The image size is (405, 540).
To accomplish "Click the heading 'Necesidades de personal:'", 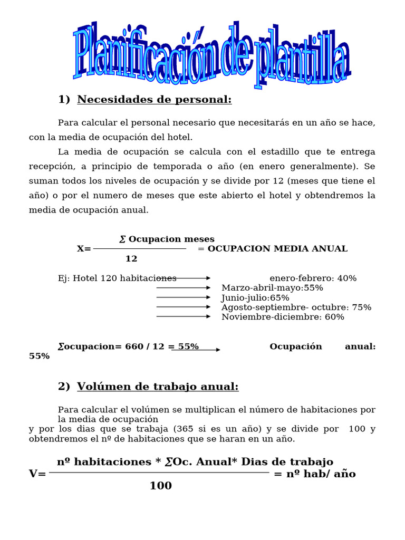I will [154, 100].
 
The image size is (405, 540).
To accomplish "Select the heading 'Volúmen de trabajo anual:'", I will [158, 387].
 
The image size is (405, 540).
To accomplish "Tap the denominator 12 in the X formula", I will [131, 259].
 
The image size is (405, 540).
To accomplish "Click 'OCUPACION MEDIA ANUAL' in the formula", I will [277, 249].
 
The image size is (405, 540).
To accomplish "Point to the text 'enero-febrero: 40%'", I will [313, 278].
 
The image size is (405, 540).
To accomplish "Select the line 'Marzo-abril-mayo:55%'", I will [272, 288].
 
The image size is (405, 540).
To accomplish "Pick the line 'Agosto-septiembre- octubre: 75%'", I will [296, 307].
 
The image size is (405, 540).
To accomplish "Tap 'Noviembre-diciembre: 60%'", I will [283, 317].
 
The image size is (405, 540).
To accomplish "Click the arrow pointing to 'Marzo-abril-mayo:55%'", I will [183, 288].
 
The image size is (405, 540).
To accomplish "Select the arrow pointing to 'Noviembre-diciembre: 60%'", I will [183, 316].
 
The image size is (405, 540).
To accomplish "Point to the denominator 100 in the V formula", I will [160, 486].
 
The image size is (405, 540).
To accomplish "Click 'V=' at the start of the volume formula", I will [37, 474].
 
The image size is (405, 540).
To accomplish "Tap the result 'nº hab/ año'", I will [321, 474].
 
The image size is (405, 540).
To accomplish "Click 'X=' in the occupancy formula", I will [84, 249].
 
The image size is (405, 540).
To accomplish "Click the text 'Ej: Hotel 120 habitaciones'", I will [117, 278].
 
